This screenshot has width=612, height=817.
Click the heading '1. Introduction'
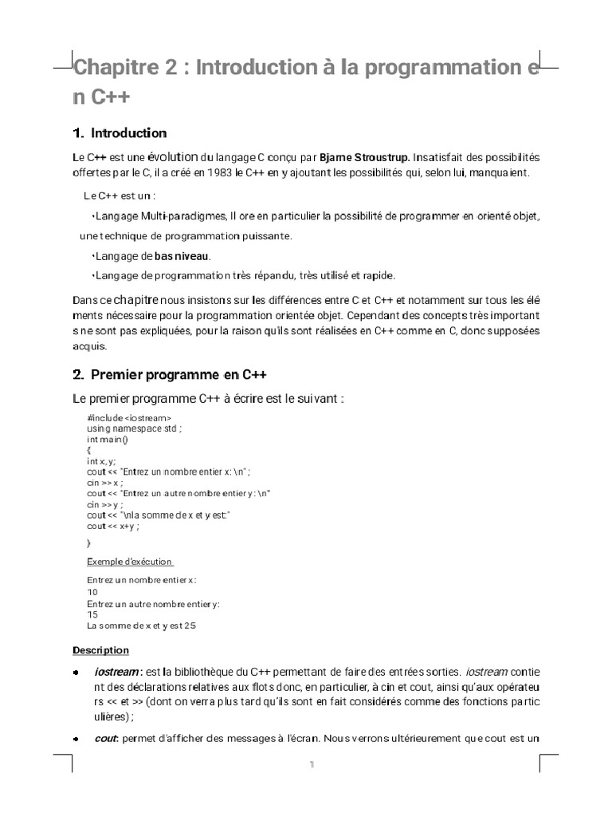(119, 132)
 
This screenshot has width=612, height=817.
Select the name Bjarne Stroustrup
(366, 157)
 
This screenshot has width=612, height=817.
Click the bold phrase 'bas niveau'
(181, 255)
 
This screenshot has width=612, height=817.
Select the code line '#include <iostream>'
(128, 418)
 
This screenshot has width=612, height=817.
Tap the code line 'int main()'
(108, 439)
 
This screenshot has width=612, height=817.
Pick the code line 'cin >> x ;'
(104, 483)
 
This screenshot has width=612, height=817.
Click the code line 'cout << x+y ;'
(113, 526)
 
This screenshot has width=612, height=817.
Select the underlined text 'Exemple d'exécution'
(130, 562)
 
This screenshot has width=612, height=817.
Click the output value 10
(92, 592)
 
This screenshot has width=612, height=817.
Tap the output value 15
(92, 615)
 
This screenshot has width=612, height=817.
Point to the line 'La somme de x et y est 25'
(140, 626)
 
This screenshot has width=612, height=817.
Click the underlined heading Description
(100, 650)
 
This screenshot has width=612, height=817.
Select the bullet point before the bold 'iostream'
(76, 673)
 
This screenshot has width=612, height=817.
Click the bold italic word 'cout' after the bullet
(105, 738)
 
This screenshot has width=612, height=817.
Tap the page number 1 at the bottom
(312, 765)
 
